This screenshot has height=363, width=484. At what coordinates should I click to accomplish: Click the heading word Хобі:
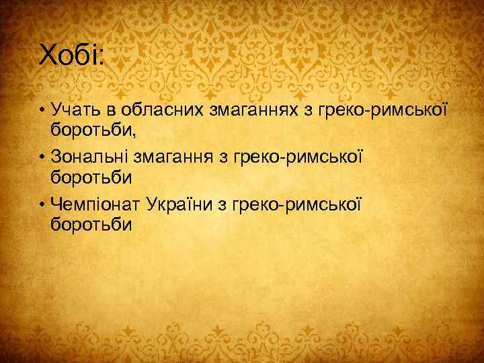(x=72, y=54)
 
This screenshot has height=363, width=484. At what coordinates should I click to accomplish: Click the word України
(x=186, y=202)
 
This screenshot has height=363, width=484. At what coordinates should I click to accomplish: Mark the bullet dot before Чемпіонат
(x=42, y=203)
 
